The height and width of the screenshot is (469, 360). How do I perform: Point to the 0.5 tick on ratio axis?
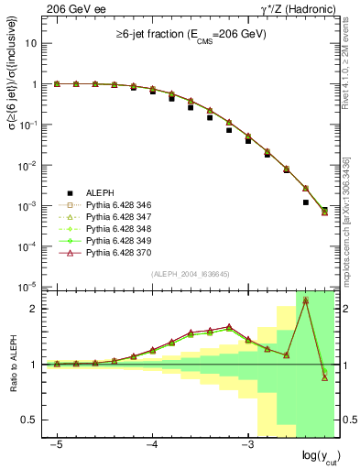pos(30,420)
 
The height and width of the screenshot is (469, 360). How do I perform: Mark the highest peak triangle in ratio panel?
pos(305,300)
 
